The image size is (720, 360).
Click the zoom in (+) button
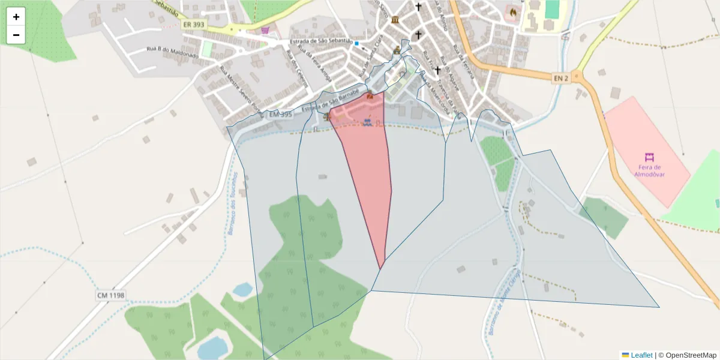click(x=16, y=17)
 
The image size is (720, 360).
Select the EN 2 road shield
click(x=560, y=77)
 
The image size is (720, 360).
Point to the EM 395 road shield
click(x=280, y=114)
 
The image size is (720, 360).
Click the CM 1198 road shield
click(x=110, y=295)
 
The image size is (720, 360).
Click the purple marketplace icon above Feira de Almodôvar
click(x=649, y=157)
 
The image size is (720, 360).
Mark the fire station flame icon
click(x=512, y=11)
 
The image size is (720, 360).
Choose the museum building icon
click(x=394, y=21)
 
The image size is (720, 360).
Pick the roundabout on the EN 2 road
click(x=577, y=77)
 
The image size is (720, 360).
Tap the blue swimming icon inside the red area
click(x=367, y=122)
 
